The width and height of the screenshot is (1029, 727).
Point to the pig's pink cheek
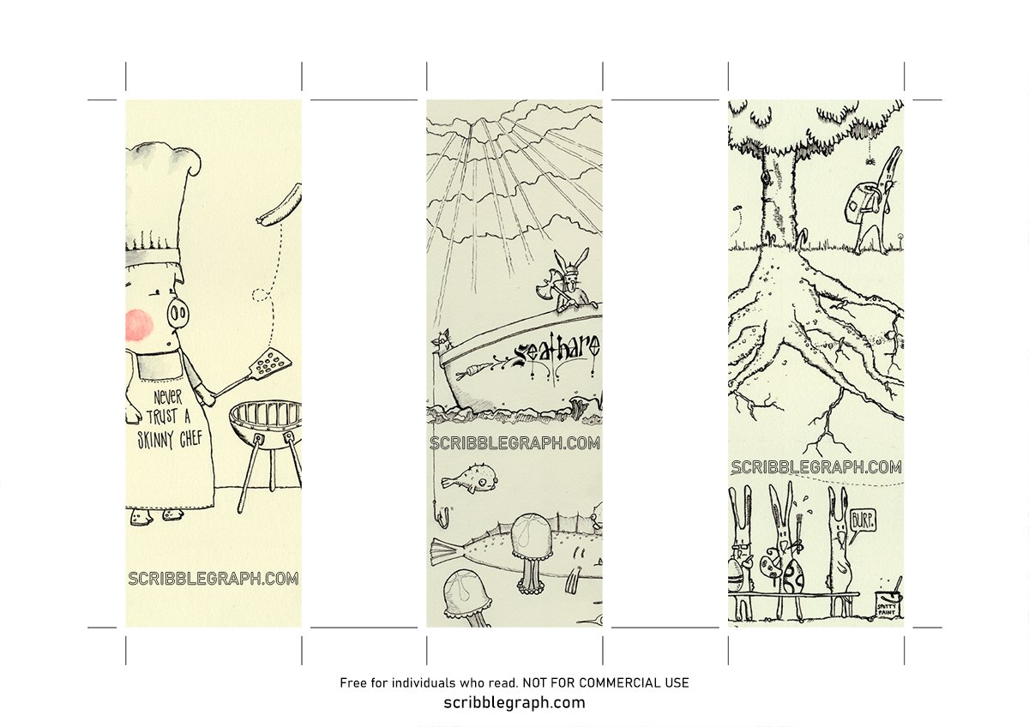139,324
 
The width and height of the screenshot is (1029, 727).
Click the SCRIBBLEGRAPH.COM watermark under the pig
214,579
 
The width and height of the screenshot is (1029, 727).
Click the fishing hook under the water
442,517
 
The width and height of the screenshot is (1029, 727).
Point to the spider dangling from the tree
870,160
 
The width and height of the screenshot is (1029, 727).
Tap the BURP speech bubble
862,520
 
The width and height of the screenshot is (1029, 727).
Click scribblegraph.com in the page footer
514,703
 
